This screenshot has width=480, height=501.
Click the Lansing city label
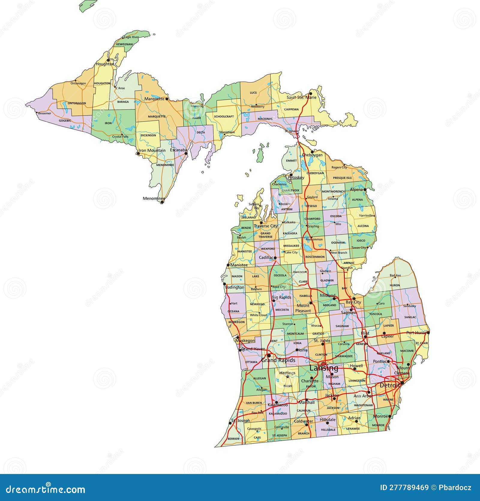pos(324,368)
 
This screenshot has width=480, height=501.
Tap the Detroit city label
pos(390,385)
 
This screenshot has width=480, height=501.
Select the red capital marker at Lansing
pos(323,363)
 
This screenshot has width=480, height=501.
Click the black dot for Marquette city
pos(167,98)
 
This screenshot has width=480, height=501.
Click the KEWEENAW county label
pos(124,44)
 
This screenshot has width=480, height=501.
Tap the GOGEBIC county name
pos(65,121)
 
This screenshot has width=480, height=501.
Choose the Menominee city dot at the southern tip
pos(162,202)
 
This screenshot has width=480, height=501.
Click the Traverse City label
pos(266,226)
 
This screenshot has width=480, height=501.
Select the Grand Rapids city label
pos(278,360)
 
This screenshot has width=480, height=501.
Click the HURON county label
pos(395,285)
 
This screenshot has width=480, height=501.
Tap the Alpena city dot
pos(365,190)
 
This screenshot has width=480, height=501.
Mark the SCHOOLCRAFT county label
pos(224,116)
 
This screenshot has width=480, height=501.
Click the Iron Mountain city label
pos(152,150)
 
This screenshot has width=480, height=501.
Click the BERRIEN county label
pos(233,439)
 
